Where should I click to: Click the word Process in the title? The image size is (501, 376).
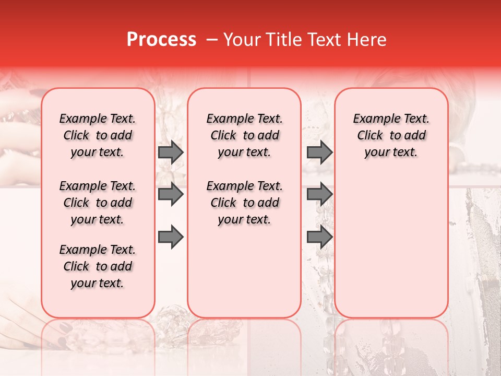[161, 40]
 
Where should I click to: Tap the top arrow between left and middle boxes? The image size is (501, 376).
[171, 152]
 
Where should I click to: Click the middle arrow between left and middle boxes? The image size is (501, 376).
[171, 194]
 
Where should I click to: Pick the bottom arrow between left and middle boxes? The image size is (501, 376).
[171, 237]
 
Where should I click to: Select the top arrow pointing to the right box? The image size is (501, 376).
[319, 152]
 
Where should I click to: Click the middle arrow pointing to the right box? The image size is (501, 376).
[319, 194]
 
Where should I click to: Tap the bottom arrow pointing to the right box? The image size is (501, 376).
[319, 237]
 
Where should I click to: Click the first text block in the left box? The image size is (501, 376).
[98, 135]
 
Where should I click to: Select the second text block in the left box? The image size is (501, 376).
[98, 203]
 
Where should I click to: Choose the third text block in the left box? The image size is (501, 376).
[98, 266]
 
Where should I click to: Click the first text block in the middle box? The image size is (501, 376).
[244, 135]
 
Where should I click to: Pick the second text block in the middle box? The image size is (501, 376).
[244, 203]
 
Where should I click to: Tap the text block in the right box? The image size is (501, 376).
[391, 135]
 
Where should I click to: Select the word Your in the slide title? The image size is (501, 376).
[241, 40]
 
